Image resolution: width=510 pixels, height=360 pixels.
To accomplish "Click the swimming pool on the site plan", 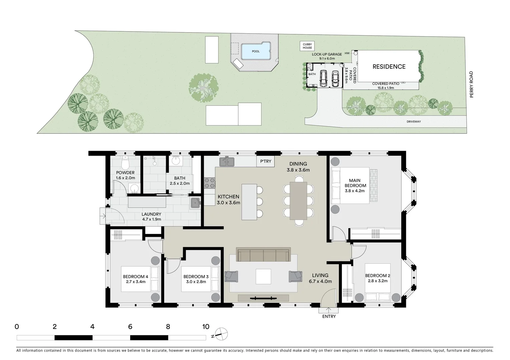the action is (255, 51).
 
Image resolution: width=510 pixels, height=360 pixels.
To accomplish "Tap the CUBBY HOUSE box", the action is (307, 46).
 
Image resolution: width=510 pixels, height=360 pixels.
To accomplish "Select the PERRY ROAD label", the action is (472, 85).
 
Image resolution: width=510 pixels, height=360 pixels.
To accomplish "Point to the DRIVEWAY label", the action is (414, 122).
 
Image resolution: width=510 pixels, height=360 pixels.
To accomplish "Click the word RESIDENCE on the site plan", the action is (389, 67).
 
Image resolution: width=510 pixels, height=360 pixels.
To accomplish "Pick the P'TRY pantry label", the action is (266, 162).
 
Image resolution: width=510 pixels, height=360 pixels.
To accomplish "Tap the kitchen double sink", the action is (227, 162).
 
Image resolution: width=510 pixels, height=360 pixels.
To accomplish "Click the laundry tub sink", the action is (195, 202).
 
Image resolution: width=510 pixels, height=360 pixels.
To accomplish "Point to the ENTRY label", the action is (329, 316).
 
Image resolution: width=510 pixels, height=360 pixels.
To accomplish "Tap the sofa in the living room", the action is (263, 255).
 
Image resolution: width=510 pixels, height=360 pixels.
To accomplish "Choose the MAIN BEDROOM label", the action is (355, 186).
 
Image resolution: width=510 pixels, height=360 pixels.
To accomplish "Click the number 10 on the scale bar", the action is (205, 327).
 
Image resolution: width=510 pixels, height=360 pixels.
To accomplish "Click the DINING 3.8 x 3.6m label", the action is (298, 167).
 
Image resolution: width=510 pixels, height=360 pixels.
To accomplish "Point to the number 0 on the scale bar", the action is (17, 327).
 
